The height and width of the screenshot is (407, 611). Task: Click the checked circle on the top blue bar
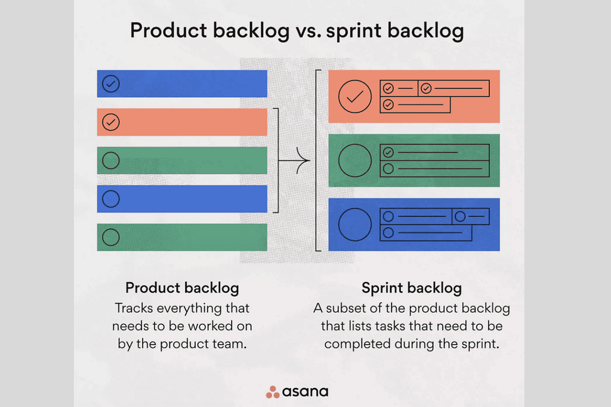coord(111,84)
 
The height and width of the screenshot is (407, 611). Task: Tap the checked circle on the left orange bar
coord(111,122)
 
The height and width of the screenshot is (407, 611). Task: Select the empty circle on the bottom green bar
coord(111,237)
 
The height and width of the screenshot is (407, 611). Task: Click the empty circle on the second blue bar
coord(111,199)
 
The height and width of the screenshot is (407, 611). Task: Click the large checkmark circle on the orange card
coord(355,96)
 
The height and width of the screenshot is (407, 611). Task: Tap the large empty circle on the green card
coord(355,160)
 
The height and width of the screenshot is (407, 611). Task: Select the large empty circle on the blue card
coord(355,225)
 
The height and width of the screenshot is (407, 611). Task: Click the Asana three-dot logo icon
coord(272,392)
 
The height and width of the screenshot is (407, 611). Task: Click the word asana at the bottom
coord(305,392)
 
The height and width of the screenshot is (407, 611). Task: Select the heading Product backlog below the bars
coord(182,288)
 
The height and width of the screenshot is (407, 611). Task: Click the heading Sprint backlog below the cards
coord(412,288)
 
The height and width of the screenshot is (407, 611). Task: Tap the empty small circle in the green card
coord(388,169)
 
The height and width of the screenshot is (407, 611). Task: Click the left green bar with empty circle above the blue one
coord(182,160)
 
